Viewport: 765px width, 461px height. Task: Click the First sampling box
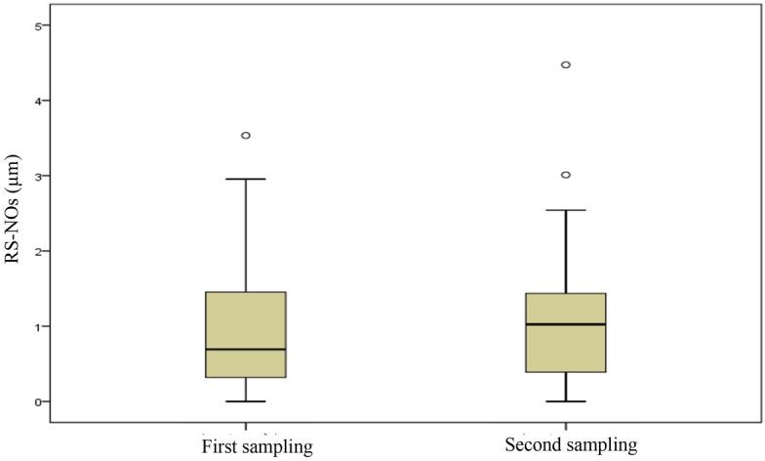tap(246, 322)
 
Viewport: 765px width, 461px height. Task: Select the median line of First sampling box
tap(246, 349)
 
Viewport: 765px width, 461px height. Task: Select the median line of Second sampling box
tap(566, 324)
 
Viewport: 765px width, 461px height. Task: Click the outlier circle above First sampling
tap(246, 136)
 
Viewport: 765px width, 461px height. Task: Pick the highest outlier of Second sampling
tap(566, 65)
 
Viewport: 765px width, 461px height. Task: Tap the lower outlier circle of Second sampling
tap(566, 175)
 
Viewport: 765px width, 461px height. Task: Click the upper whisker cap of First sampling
tap(246, 180)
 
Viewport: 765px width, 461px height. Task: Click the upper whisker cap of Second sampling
tap(566, 210)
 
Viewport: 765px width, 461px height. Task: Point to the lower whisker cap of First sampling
tap(246, 401)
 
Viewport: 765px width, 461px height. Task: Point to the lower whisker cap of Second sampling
tap(566, 401)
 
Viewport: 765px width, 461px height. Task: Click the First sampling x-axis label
tap(257, 446)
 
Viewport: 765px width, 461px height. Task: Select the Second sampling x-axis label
tap(571, 445)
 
